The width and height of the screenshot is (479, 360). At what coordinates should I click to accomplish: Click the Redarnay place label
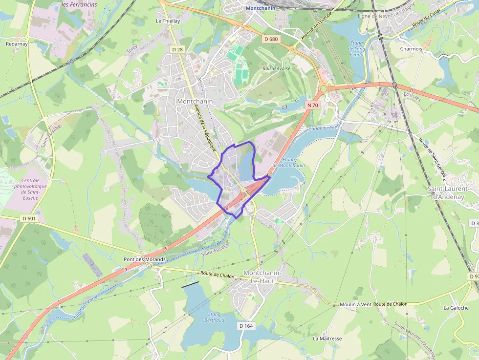[17, 43]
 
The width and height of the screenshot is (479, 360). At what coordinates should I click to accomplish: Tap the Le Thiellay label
[168, 21]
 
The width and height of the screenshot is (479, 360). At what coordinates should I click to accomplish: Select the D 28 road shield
[177, 49]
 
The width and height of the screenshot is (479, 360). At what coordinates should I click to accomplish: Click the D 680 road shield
[270, 39]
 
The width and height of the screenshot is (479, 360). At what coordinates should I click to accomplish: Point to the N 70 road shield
[313, 105]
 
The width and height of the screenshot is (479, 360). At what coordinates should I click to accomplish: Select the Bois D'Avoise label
[276, 68]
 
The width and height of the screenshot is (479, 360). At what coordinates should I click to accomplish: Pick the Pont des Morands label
[145, 259]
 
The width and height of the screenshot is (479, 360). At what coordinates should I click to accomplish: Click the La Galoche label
[456, 308]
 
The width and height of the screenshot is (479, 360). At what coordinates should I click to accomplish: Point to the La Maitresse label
[327, 339]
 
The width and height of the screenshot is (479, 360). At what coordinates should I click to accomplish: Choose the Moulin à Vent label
[355, 304]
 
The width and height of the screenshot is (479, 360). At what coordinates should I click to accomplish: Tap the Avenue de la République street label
[205, 128]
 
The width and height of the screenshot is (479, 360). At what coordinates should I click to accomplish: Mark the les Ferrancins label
[80, 4]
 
